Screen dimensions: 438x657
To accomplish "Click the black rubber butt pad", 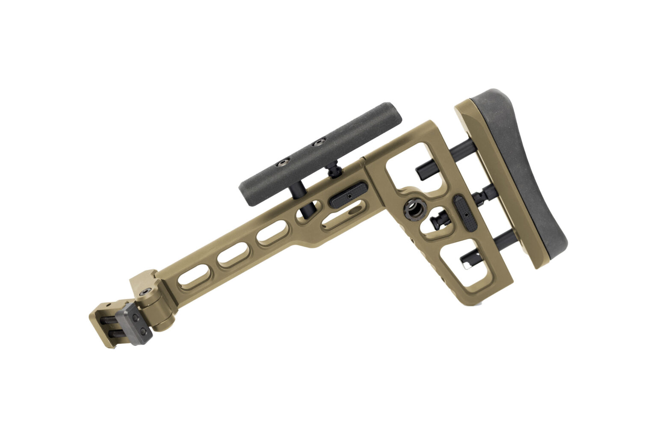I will click(x=530, y=171).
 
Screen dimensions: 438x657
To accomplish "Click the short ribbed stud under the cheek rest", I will click(x=334, y=171).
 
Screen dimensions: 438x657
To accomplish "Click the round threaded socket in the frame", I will click(x=414, y=209).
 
